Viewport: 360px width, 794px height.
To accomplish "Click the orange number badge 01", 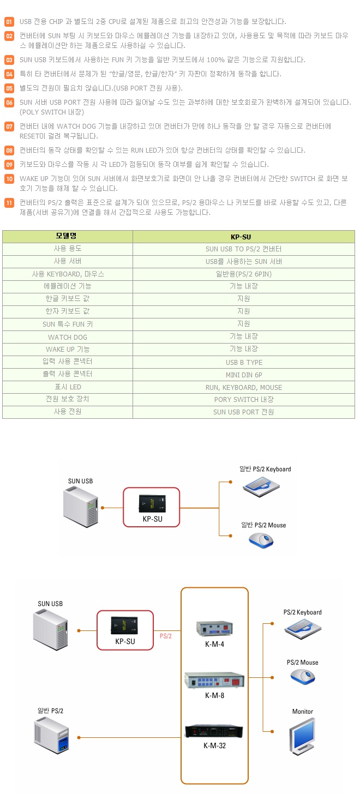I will pos(9,22).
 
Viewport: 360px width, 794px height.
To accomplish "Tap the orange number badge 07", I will pos(9,127).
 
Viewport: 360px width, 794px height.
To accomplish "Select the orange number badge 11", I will pos(9,203).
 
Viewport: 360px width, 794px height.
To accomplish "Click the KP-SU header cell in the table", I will pos(243,237).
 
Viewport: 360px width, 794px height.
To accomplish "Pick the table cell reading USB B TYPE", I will pos(244,362).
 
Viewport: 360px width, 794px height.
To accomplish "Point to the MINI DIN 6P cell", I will pos(244,375).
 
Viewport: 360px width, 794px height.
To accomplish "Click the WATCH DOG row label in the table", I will pos(68,337).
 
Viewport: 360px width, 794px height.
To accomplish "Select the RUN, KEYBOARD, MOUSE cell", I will pos(244,387).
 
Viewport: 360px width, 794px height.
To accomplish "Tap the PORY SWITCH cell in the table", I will pos(244,400).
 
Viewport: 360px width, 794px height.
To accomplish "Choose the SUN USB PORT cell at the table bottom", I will pos(244,412).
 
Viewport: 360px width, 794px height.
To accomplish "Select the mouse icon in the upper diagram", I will pos(262,540).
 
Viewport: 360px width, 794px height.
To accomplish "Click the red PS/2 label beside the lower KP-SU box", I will pos(166,636).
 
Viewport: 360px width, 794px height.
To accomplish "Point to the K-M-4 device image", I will pos(215,628).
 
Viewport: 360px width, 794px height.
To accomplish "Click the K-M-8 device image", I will pos(215,679).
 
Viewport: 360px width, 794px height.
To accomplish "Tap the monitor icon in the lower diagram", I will pos(302,736).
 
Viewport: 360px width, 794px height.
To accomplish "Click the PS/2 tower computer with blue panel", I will pos(52,737).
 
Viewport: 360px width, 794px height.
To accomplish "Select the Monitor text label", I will pos(303,712).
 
